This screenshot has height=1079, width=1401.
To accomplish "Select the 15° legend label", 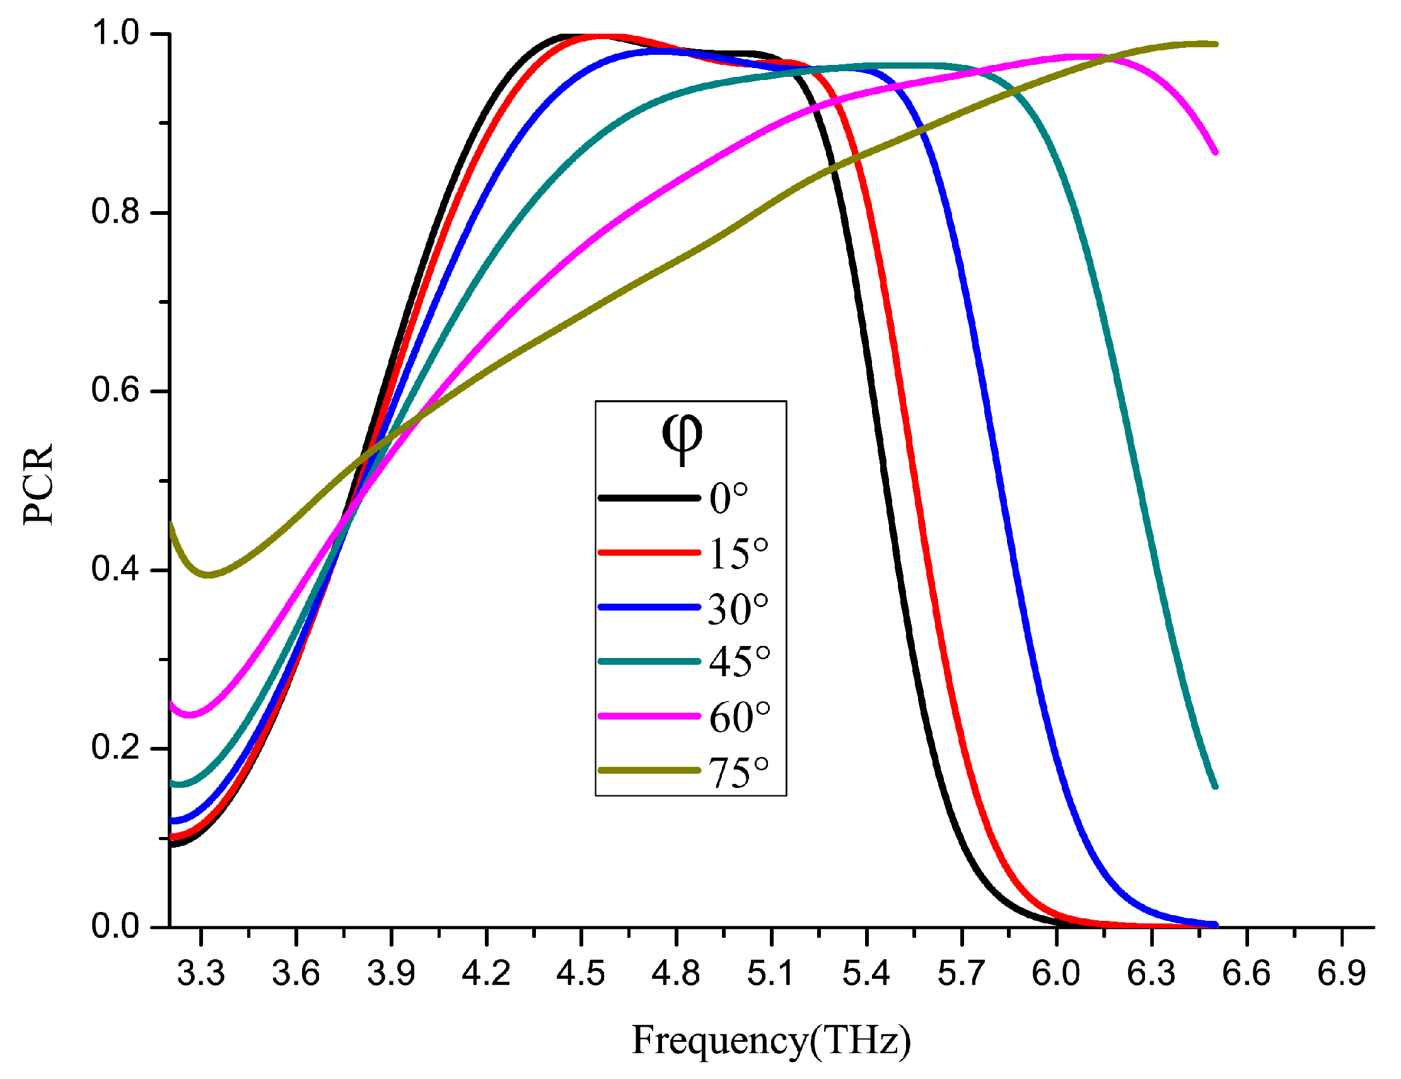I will tap(738, 553).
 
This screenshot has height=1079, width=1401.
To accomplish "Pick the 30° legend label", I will tap(738, 608).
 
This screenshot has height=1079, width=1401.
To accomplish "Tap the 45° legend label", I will tap(739, 662).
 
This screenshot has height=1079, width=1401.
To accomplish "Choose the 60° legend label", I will tap(739, 717).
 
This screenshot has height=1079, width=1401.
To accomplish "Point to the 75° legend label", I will tap(738, 772).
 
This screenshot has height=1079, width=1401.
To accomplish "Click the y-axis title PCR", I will tap(38, 484).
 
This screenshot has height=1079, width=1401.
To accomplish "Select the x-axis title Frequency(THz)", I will tap(771, 1040).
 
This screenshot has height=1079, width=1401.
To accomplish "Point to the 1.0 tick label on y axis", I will tap(115, 33).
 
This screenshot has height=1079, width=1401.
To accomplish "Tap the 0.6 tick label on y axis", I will tap(115, 389).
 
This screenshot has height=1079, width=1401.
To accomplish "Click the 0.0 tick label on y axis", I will tap(115, 926).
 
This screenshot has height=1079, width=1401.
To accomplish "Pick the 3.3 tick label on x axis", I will tap(201, 973).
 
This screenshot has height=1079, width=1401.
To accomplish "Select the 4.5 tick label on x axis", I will tap(581, 973).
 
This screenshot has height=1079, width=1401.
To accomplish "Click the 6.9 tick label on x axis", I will tap(1340, 973).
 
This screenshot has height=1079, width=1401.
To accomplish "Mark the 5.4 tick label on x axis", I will tap(866, 973).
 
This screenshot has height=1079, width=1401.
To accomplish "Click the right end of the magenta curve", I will tap(1215, 152).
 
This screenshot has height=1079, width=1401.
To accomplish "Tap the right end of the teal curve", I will tap(1215, 786).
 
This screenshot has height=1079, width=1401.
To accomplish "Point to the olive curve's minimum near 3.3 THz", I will tap(208, 574).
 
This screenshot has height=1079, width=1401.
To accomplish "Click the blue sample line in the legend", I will tap(649, 607).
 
